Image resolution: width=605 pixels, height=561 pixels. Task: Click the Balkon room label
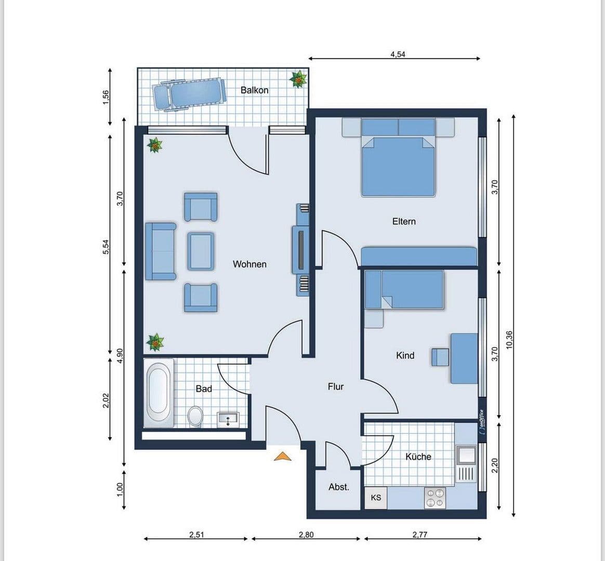pyautogui.click(x=254, y=90)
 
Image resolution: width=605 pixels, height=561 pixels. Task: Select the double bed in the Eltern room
pyautogui.click(x=398, y=164)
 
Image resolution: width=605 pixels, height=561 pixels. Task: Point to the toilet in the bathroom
pyautogui.click(x=195, y=416)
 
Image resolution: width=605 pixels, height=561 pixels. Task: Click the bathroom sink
pyautogui.click(x=228, y=419)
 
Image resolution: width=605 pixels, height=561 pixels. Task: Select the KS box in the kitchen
pyautogui.click(x=376, y=498)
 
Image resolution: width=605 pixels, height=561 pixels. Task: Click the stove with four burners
pyautogui.click(x=435, y=498)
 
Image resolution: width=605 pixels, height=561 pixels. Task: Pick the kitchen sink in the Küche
pyautogui.click(x=466, y=456)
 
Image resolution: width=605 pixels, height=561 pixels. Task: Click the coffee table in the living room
pyautogui.click(x=200, y=251)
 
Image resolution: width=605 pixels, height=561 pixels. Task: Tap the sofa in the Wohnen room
pyautogui.click(x=161, y=251)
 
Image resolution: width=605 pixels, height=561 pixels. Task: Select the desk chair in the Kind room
pyautogui.click(x=440, y=357)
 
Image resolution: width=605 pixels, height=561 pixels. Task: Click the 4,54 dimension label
pyautogui.click(x=398, y=54)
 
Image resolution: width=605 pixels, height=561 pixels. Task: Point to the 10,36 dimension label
pyautogui.click(x=508, y=341)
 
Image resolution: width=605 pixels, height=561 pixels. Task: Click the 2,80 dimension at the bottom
pyautogui.click(x=306, y=534)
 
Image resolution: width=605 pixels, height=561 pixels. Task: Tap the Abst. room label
pyautogui.click(x=338, y=487)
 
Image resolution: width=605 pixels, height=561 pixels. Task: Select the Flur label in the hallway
pyautogui.click(x=336, y=386)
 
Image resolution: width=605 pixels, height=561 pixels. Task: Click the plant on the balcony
pyautogui.click(x=298, y=79)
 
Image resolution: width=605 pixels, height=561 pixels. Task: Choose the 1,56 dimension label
pyautogui.click(x=106, y=97)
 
